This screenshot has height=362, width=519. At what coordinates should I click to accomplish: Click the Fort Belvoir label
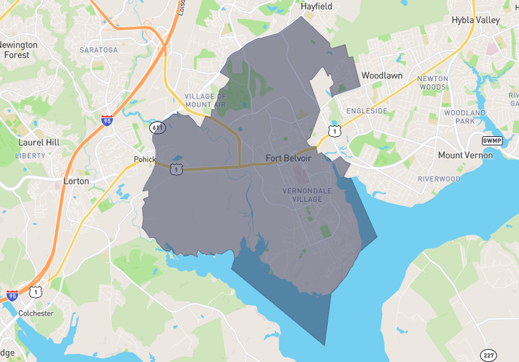point(289,158)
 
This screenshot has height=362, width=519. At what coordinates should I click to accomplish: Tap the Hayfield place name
point(316,6)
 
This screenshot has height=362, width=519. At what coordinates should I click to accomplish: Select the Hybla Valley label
point(476,20)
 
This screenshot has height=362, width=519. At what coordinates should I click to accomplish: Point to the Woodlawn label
point(381,75)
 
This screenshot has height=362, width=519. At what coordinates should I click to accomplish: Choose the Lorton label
point(76,181)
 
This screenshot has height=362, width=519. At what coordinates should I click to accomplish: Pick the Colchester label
point(35,313)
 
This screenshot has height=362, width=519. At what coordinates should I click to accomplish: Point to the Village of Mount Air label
point(206,101)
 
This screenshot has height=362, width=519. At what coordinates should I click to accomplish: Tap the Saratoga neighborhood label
point(98,50)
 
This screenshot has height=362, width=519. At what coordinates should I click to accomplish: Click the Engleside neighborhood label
point(366,111)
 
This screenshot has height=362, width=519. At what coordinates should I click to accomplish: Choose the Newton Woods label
point(432,83)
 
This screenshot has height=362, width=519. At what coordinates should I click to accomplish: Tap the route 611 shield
point(157,127)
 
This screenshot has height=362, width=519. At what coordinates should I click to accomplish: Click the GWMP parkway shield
point(491,140)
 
